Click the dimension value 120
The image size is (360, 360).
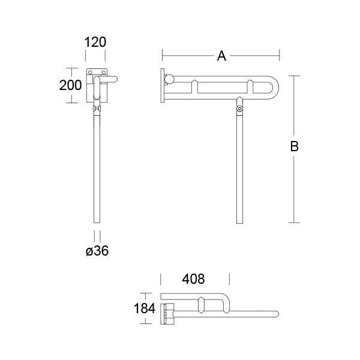click(x=95, y=42)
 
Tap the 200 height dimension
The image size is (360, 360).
click(x=70, y=85)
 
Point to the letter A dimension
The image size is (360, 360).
click(x=221, y=56)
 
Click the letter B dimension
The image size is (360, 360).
click(x=294, y=146)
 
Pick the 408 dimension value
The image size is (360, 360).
click(x=194, y=279)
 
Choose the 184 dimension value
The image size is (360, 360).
click(x=145, y=308)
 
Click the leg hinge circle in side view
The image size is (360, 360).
click(x=240, y=109)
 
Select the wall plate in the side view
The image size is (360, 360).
click(x=162, y=85)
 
